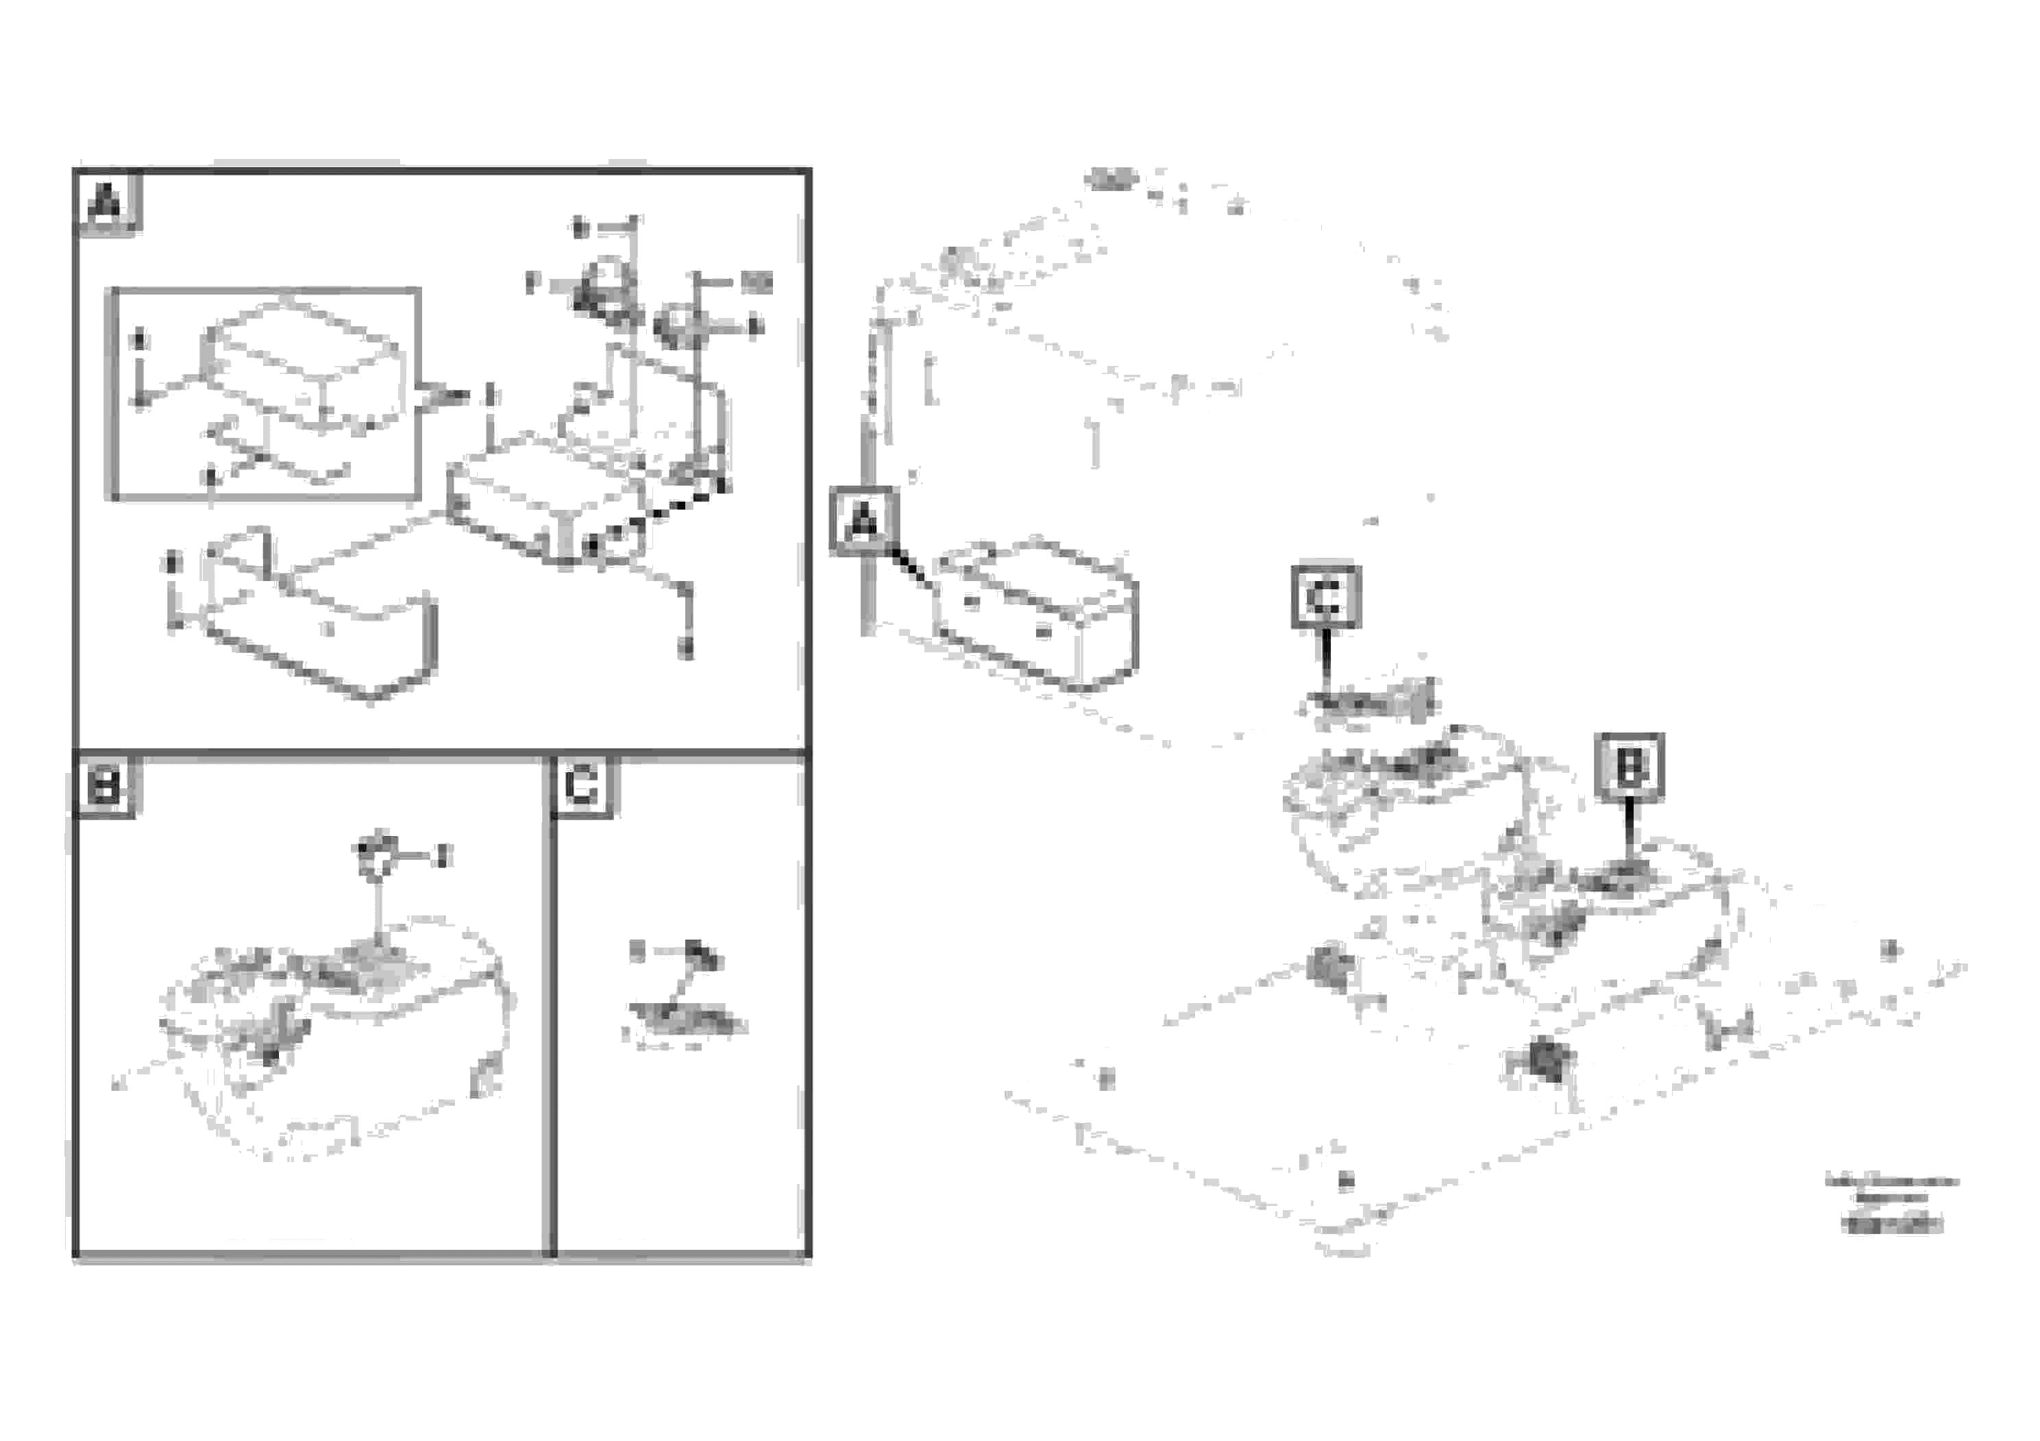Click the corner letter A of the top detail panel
pos(106,204)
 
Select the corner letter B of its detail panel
pos(106,786)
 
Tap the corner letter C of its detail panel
pos(582,786)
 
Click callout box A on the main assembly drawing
pos(863,521)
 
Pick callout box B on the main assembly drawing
pos(1630,767)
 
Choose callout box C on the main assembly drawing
pos(1325,597)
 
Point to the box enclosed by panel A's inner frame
pos(302,365)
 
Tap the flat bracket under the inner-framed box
pos(275,453)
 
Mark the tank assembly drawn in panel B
pos(338,1031)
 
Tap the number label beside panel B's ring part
pos(444,857)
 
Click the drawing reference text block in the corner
pos(1891,1203)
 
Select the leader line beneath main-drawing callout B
pos(1629,830)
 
